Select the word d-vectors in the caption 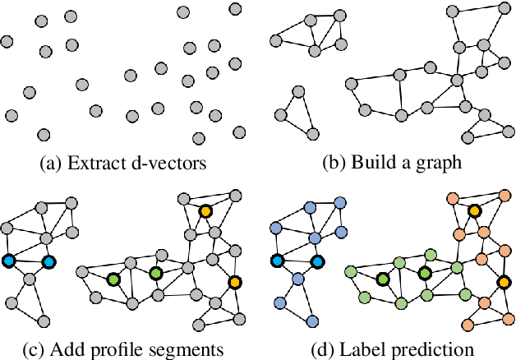(x=164, y=163)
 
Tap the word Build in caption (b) (x=375, y=163)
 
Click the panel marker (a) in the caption (x=52, y=163)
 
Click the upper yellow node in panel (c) (x=205, y=211)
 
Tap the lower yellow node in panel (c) (x=235, y=283)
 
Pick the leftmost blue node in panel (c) (x=9, y=261)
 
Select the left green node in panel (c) (x=113, y=280)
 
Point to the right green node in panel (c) (x=156, y=273)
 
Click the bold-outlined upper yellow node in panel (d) (x=473, y=211)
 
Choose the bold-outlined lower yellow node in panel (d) (x=503, y=283)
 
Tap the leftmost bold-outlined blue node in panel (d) (x=277, y=261)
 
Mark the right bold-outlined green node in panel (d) (x=424, y=273)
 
